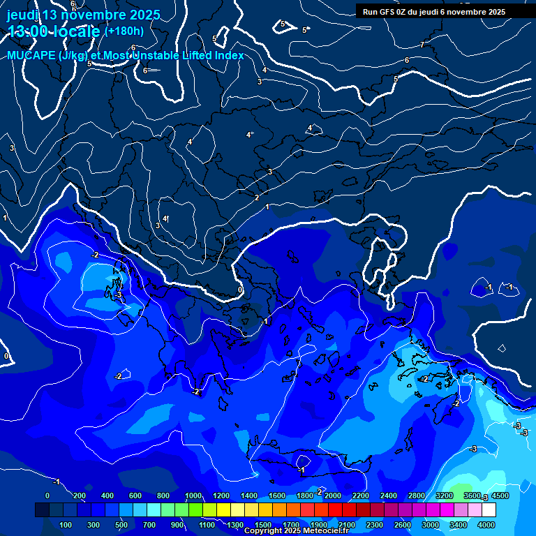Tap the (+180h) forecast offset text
pos(124,31)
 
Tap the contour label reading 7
pos(422,45)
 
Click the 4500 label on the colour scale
pos(500,496)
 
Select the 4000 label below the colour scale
pos(486,525)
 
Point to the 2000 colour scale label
pos(333,496)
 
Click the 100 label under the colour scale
pos(66,525)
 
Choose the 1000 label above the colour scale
pos(193,496)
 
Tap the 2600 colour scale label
pos(403,525)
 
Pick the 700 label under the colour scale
pos(150,525)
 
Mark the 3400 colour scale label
pos(459,525)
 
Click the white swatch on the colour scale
pos(489,510)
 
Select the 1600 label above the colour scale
pos(277,496)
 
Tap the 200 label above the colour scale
pos(80,496)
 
